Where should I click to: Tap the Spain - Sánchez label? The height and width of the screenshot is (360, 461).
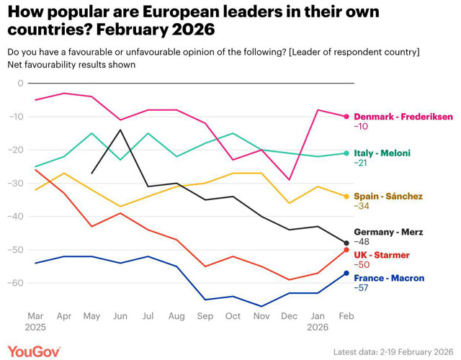[386, 196]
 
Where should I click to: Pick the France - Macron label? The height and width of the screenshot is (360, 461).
[388, 278]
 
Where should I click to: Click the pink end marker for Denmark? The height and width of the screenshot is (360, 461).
[346, 117]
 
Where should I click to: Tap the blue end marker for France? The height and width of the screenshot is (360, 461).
[346, 273]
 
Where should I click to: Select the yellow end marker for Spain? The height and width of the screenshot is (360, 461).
[346, 197]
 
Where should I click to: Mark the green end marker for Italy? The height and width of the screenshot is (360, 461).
[346, 153]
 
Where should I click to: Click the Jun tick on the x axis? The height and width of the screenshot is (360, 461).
[120, 316]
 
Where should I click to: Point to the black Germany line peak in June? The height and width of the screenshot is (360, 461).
[120, 130]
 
